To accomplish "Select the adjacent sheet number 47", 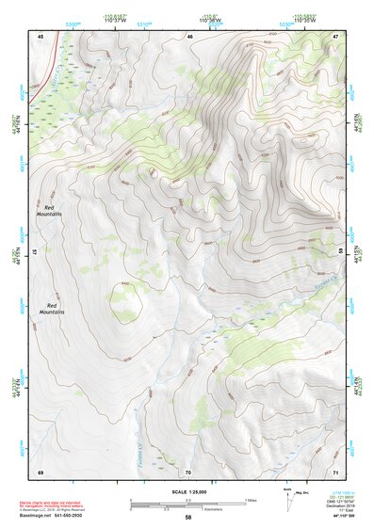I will pyautogui.click(x=335, y=36).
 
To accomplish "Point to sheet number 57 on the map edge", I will pyautogui.click(x=35, y=252).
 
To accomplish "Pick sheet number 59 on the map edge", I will pyautogui.click(x=341, y=251).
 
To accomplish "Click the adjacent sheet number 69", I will pyautogui.click(x=41, y=471).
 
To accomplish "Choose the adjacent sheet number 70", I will pyautogui.click(x=188, y=471).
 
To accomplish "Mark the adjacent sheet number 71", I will pyautogui.click(x=335, y=471).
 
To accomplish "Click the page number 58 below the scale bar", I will pyautogui.click(x=188, y=517).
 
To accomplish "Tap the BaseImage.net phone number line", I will pyautogui.click(x=57, y=516).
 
